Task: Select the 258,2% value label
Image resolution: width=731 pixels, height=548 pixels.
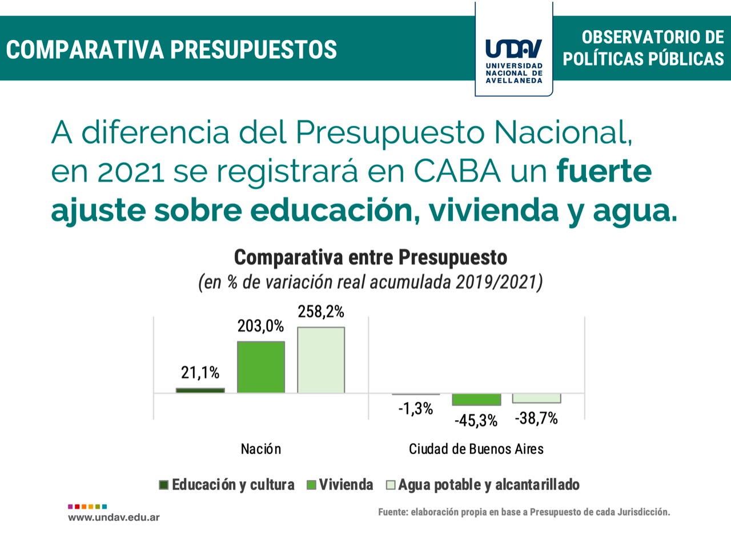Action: tap(321, 312)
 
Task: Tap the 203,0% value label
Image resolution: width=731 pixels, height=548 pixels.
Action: tap(260, 326)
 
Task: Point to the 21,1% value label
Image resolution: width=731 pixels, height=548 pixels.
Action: tap(200, 373)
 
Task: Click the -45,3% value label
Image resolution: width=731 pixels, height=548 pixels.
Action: tap(476, 421)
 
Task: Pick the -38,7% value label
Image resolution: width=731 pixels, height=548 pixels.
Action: tap(536, 418)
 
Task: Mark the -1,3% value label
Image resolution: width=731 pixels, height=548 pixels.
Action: tap(416, 409)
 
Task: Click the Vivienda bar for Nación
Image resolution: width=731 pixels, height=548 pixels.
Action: tap(261, 367)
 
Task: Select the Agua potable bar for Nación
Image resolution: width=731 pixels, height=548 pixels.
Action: tap(321, 360)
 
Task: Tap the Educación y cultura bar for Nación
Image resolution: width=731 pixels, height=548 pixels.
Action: tap(200, 390)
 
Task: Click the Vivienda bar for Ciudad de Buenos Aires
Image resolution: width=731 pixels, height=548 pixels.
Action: tap(476, 399)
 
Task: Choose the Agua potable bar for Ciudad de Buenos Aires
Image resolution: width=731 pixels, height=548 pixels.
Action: tap(536, 398)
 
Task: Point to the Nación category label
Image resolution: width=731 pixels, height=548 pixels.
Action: tap(261, 449)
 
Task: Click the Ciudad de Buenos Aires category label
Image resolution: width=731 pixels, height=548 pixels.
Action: tap(476, 449)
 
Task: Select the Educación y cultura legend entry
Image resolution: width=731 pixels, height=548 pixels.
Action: tap(227, 485)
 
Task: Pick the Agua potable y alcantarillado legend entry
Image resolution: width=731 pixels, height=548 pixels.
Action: tap(483, 485)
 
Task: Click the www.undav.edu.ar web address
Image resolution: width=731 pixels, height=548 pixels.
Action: tap(114, 518)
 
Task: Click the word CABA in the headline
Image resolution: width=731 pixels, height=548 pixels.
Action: tap(456, 171)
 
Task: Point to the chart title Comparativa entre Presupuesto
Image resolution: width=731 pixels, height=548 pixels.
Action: tap(371, 257)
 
